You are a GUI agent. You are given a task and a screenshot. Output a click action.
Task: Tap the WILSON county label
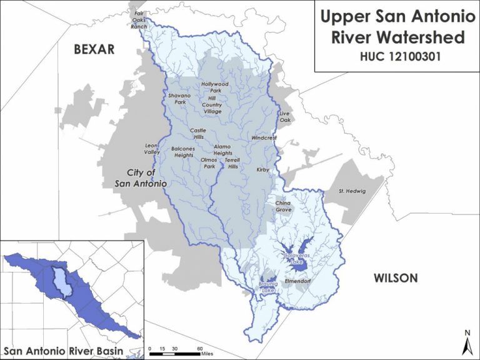tap(395, 278)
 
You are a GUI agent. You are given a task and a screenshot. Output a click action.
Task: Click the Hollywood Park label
tap(215, 87)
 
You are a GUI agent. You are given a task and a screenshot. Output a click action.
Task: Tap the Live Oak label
tap(285, 116)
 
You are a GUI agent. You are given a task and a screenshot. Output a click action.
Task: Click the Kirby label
tap(262, 169)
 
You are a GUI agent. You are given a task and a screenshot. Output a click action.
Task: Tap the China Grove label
tap(284, 206)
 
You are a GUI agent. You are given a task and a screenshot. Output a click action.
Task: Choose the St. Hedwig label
tap(351, 191)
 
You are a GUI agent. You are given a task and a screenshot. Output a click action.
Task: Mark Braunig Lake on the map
tap(268, 288)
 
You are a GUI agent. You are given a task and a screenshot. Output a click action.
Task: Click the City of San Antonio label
tap(141, 178)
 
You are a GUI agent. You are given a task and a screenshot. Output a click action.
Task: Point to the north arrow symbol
tap(466, 341)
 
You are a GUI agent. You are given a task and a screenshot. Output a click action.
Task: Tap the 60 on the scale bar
tap(199, 348)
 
